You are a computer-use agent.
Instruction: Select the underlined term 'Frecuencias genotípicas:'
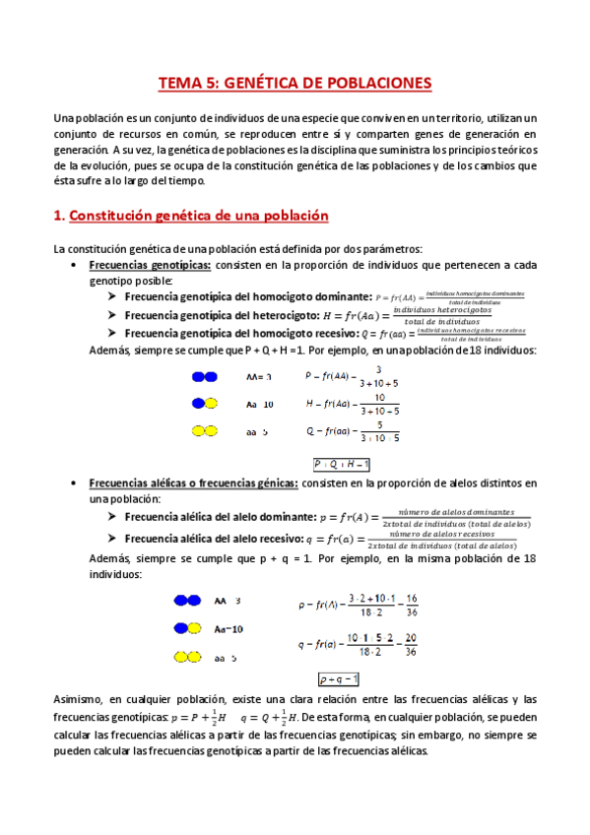point(150,266)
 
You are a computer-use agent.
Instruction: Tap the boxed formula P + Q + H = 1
point(342,464)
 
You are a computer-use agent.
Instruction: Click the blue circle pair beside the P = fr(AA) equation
point(204,376)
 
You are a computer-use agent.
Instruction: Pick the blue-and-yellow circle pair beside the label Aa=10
point(188,628)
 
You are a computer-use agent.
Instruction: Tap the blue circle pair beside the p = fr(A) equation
point(188,600)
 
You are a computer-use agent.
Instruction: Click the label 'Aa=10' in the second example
point(229,628)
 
